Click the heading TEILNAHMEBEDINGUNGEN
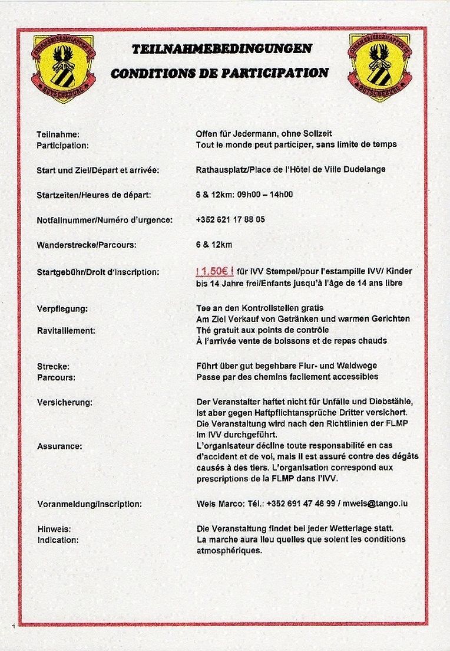coord(222,49)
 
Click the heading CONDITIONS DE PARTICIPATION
coord(220,74)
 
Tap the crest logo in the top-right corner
coord(380,67)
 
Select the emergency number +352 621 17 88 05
coord(230,219)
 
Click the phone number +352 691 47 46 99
coord(301,504)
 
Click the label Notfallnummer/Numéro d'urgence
coord(104,220)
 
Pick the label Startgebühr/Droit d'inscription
coord(98,272)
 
